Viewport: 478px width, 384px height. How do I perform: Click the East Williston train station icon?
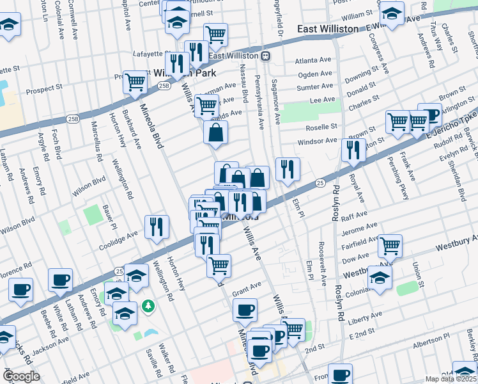click(265, 56)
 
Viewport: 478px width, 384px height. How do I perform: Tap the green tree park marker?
click(148, 307)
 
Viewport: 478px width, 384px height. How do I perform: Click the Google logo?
click(22, 376)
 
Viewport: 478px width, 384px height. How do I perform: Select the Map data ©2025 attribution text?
click(451, 379)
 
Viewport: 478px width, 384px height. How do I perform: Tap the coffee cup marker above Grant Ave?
click(245, 311)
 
